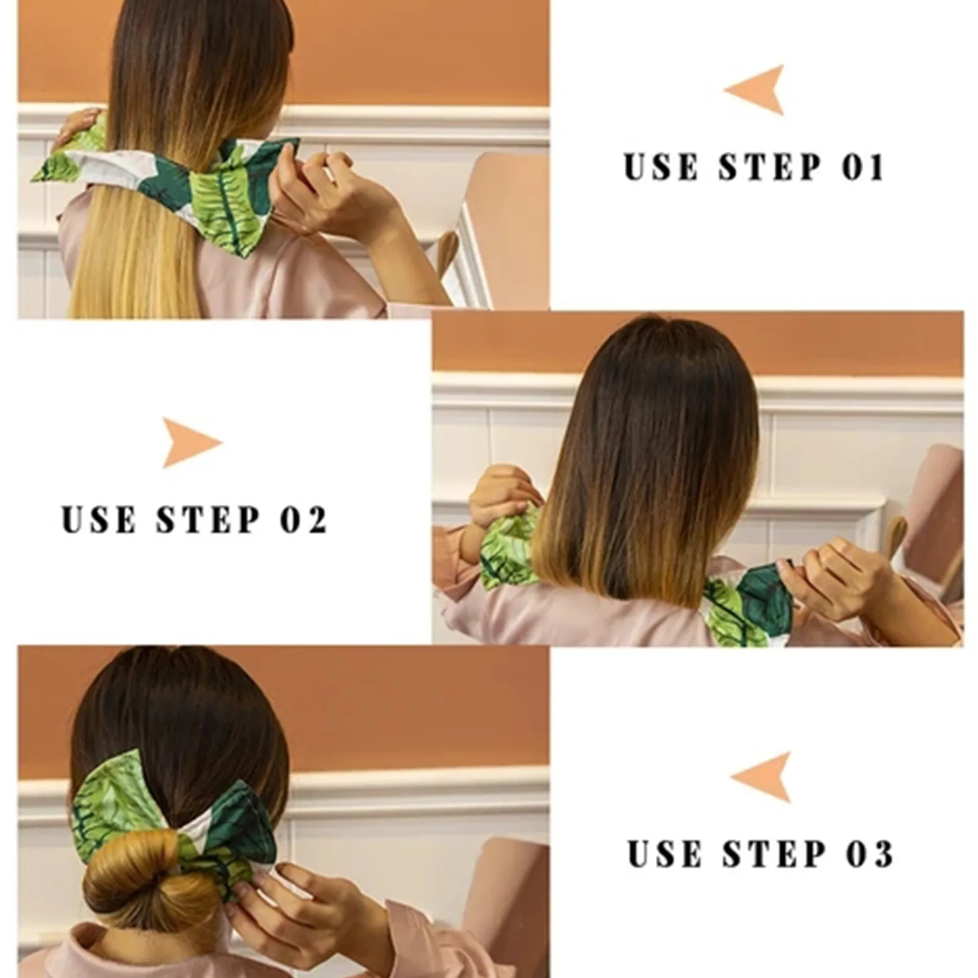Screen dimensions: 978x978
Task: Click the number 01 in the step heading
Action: [863, 167]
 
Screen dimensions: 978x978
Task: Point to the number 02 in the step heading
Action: [304, 520]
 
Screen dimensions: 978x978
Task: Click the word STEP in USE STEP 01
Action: [770, 167]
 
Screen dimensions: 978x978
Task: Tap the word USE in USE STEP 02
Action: [98, 520]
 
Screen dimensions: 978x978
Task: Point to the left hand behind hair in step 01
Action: [76, 125]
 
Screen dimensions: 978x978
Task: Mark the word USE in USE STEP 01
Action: [661, 167]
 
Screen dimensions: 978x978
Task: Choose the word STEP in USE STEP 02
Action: [208, 520]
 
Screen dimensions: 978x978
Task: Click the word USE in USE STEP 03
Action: [665, 854]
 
